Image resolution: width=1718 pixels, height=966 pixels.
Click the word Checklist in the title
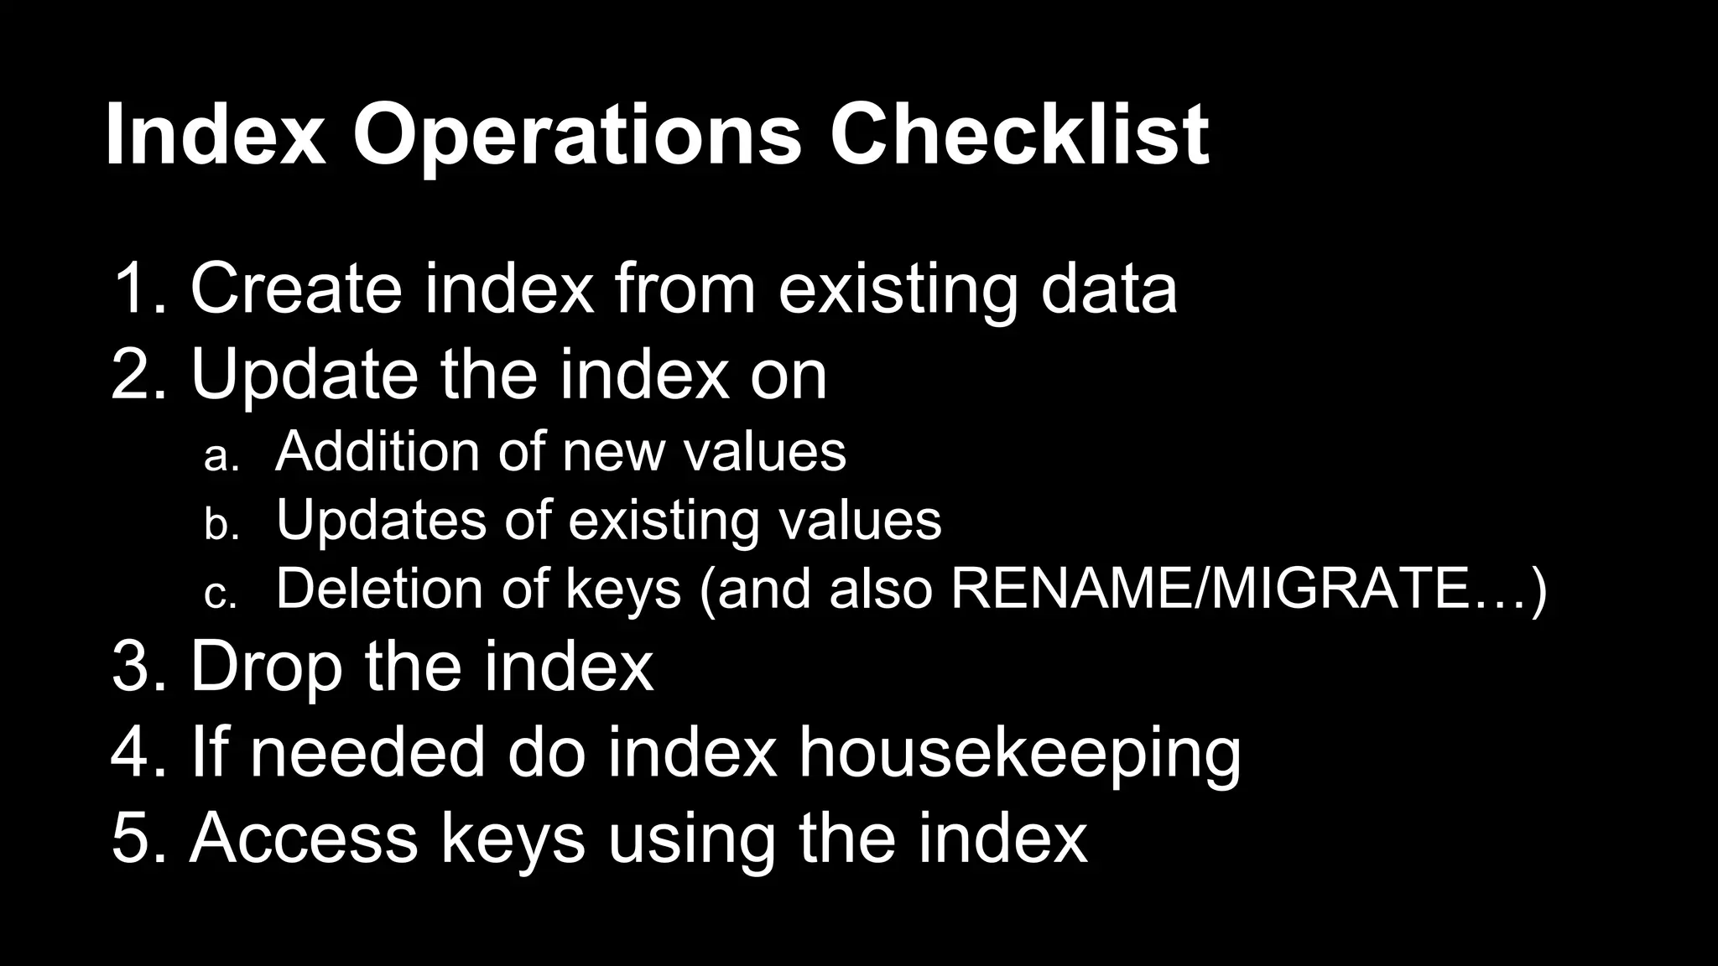pos(1018,134)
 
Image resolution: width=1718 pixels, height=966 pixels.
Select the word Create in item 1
pos(296,288)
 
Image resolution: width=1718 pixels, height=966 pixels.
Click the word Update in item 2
pos(304,376)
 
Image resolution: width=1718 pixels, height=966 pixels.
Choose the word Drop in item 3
pos(267,667)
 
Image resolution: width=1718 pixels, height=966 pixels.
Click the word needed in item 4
pos(367,751)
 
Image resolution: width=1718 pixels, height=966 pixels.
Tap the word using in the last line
pos(691,839)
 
